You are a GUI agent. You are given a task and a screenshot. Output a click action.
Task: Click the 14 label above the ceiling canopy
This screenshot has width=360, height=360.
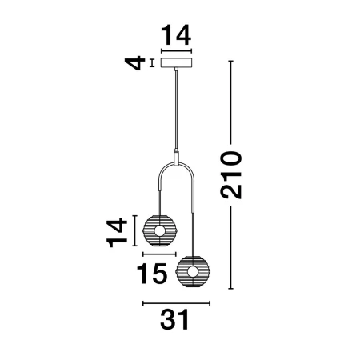(176, 35)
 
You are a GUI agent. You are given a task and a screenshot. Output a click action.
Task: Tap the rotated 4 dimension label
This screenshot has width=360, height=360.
(135, 63)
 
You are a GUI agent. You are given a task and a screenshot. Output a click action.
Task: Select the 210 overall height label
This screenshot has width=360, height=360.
(231, 175)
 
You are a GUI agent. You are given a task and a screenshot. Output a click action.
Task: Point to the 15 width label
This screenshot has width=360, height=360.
(152, 274)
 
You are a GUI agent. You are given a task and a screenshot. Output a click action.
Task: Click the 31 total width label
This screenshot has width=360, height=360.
(174, 319)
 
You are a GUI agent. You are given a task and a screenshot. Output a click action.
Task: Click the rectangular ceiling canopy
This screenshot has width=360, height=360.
(176, 62)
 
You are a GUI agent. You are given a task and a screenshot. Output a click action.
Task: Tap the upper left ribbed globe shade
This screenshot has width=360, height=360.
(160, 231)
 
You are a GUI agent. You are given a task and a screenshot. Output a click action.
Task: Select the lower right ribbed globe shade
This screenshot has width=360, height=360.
(193, 272)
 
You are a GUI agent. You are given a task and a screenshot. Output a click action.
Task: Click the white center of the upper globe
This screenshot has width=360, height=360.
(160, 231)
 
